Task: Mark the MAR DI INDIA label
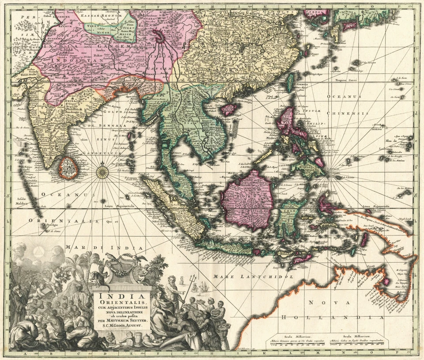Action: pos(104,248)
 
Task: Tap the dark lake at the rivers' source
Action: pos(158,35)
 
